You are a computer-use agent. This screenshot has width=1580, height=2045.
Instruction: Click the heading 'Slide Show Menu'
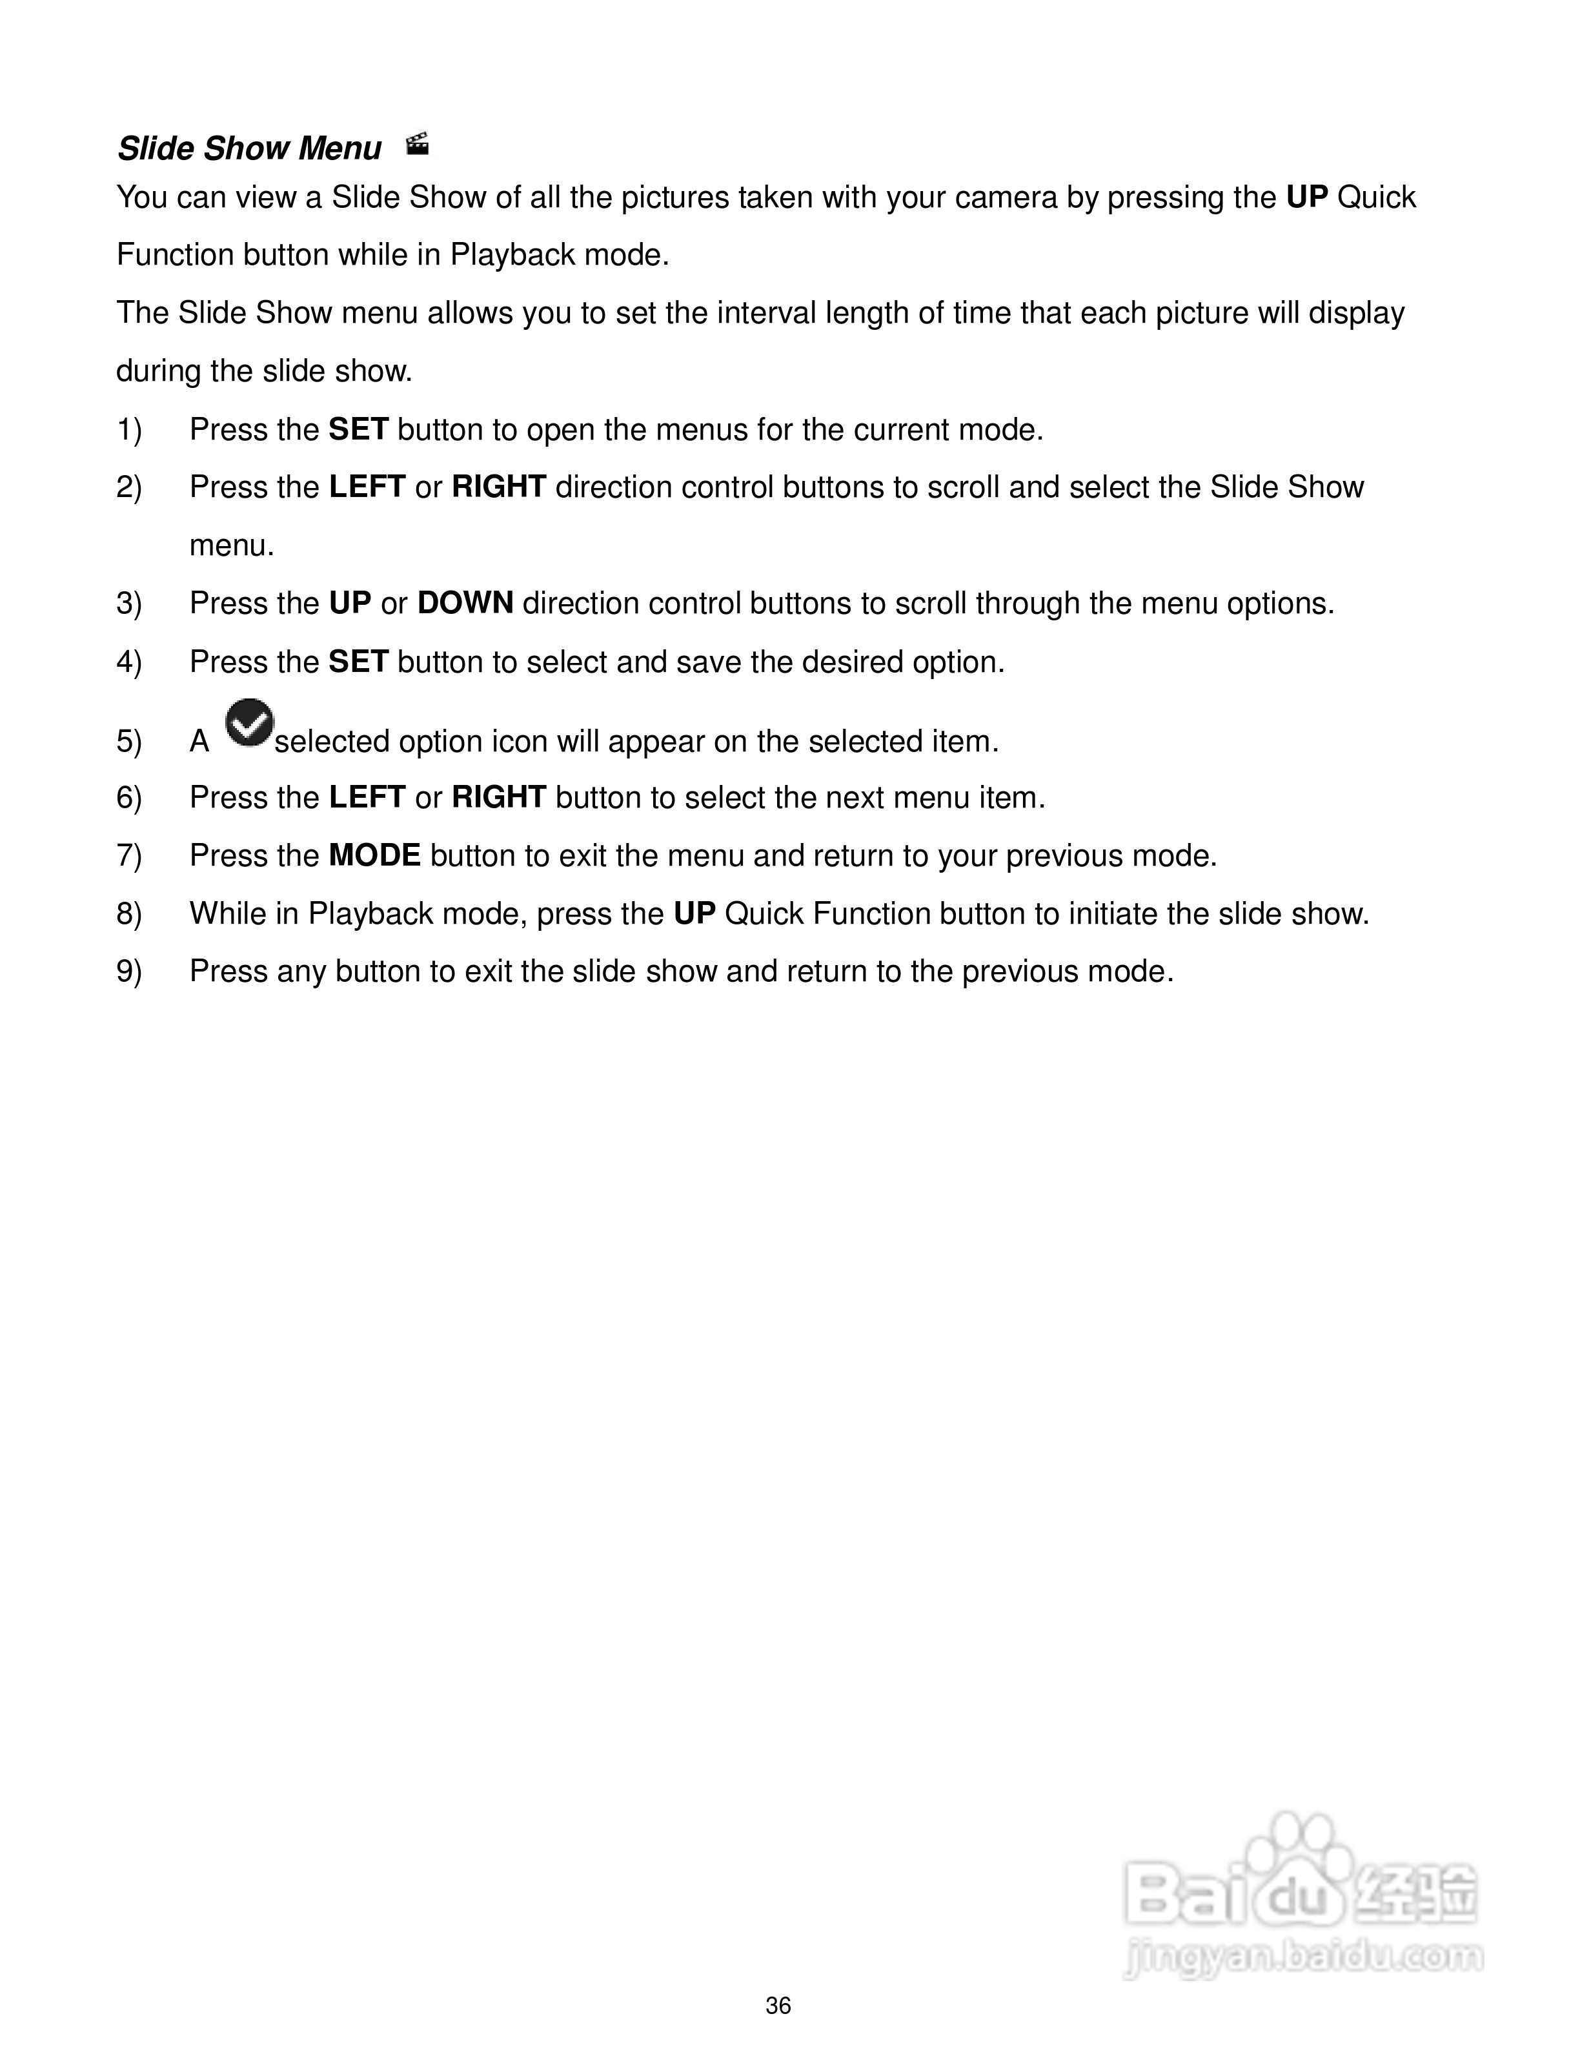[249, 149]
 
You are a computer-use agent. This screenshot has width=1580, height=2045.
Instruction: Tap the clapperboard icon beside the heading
[418, 144]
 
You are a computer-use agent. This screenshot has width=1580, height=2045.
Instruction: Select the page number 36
[778, 2006]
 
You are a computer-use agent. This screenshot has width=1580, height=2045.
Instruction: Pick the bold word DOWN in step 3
[465, 603]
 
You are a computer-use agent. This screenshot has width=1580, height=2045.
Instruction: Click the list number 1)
[129, 430]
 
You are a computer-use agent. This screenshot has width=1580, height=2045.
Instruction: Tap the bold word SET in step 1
[358, 430]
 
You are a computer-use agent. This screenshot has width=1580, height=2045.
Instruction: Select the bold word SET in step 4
[358, 662]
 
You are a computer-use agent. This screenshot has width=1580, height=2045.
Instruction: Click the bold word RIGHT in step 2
[499, 487]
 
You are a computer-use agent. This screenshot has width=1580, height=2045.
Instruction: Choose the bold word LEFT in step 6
[367, 798]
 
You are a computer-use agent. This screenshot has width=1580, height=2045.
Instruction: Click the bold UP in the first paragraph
[1308, 198]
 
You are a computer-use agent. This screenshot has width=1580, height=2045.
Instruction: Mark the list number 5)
[129, 742]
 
